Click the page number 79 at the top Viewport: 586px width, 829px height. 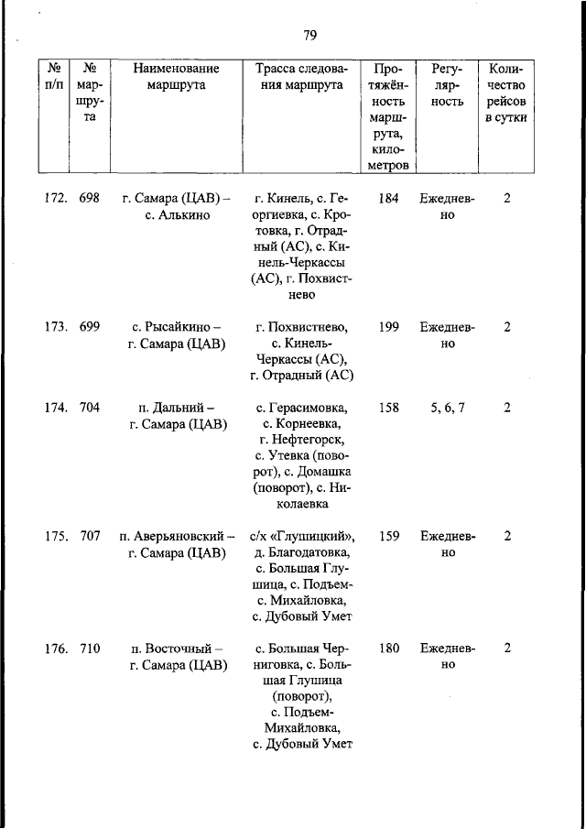coord(309,36)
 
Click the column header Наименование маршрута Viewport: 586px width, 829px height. coord(176,77)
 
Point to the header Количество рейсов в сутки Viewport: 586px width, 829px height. coord(505,93)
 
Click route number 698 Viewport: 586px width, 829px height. coord(89,198)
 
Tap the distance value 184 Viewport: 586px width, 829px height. coord(388,198)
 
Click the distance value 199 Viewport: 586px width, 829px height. coord(388,327)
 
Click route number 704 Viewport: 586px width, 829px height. coord(89,408)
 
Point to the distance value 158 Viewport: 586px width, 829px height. coord(388,408)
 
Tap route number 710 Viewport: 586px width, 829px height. coord(89,649)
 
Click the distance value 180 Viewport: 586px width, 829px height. coord(388,649)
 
